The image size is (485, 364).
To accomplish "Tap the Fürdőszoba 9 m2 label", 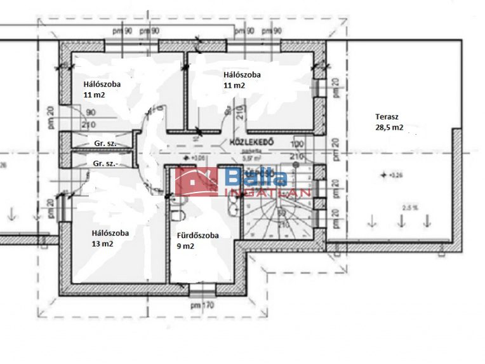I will pos(197,240).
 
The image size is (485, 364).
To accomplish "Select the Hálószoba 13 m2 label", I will pos(110,238).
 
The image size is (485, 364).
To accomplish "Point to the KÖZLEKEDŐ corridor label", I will pos(252,142).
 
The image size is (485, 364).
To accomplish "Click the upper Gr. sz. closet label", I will pos(105,144).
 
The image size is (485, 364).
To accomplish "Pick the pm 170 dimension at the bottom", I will pos(203,306).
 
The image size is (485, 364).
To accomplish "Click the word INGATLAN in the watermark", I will pos(267,192).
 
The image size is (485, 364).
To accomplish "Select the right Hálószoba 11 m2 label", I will pos(241,79).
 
